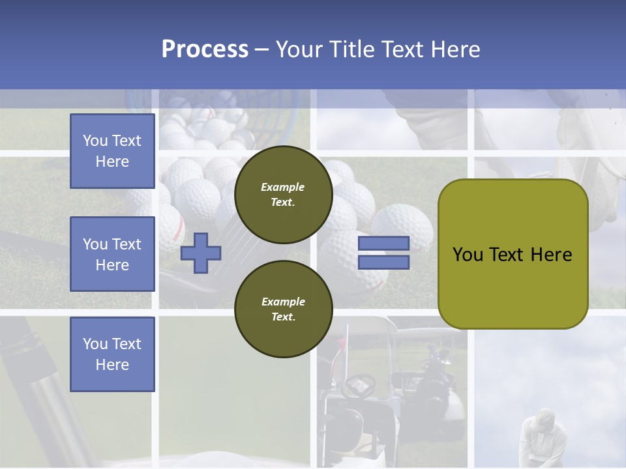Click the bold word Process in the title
pos(205,50)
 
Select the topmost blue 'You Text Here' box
pos(112,151)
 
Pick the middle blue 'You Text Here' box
pos(112,254)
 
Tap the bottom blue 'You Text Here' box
pos(112,354)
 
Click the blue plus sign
pos(201,253)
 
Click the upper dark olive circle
pos(283,194)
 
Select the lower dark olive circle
pos(283,309)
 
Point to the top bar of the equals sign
pos(383,244)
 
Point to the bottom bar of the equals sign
pos(383,263)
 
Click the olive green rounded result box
pos(513,253)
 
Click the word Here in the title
pos(456,50)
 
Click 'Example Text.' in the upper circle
pos(283,194)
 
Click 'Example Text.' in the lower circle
pos(283,309)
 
